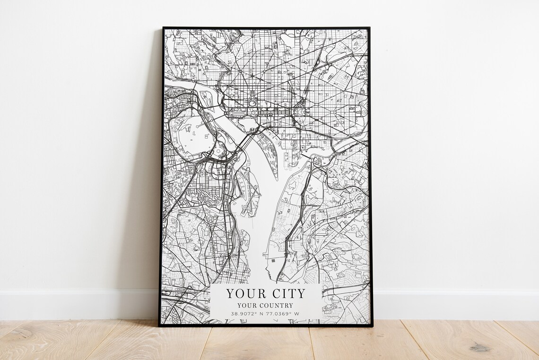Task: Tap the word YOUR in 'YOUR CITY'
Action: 245,293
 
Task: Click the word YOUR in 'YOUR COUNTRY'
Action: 247,306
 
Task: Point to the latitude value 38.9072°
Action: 244,314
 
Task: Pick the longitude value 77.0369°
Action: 278,314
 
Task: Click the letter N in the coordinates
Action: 261,314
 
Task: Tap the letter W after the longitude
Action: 296,314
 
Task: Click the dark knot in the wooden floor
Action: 479,348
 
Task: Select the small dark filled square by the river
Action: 273,260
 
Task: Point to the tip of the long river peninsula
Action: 276,179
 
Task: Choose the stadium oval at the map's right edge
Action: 364,112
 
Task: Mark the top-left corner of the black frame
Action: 163,28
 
